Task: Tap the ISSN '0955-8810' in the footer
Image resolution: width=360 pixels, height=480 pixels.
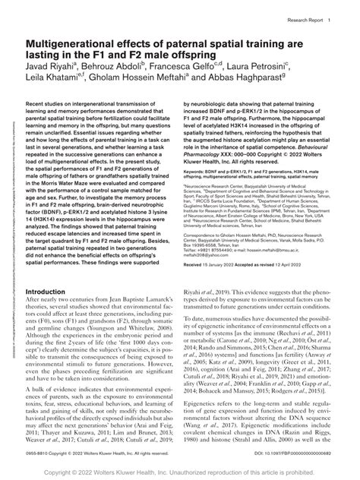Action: coord(39,453)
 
